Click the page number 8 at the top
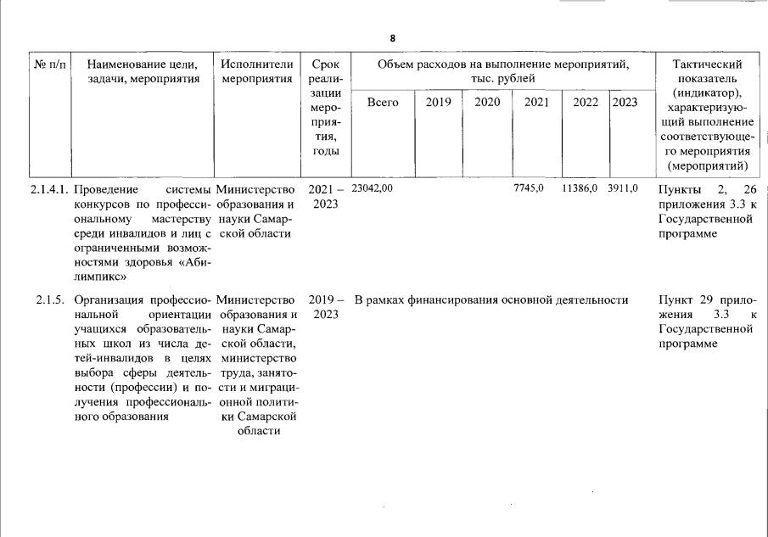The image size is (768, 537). (x=393, y=39)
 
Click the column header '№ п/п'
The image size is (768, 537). (x=51, y=64)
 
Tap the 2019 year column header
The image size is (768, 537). (x=438, y=103)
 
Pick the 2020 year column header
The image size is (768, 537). (x=487, y=103)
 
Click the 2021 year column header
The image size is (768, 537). (x=536, y=103)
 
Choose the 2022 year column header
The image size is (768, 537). (x=585, y=103)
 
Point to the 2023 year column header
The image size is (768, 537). (x=625, y=103)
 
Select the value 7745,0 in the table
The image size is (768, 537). (x=529, y=188)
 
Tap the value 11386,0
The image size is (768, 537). (x=580, y=188)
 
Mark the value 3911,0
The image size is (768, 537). (x=622, y=188)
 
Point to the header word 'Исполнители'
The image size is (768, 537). (x=256, y=64)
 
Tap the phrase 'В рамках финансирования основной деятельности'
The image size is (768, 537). (x=491, y=300)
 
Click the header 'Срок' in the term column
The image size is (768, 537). (x=325, y=64)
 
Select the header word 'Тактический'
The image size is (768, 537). (x=707, y=64)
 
